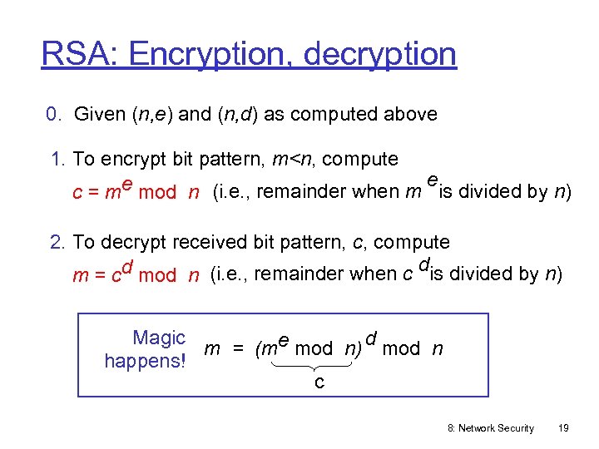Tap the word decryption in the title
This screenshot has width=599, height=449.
point(380,55)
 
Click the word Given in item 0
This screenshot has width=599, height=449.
point(100,115)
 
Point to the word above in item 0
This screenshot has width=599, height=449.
point(408,115)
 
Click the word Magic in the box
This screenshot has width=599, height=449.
point(158,338)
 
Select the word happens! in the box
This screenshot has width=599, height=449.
point(144,361)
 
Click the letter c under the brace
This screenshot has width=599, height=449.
point(319,382)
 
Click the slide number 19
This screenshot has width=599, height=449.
point(563,428)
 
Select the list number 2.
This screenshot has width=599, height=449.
point(57,242)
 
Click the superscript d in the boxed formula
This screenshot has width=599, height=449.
point(372,337)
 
